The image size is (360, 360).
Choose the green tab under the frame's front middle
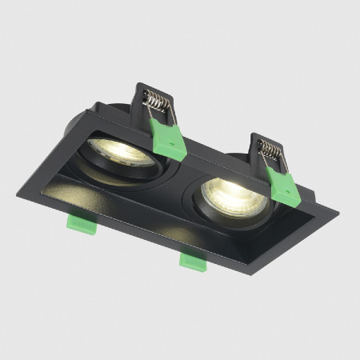193,261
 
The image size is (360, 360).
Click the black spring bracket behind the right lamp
261,138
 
